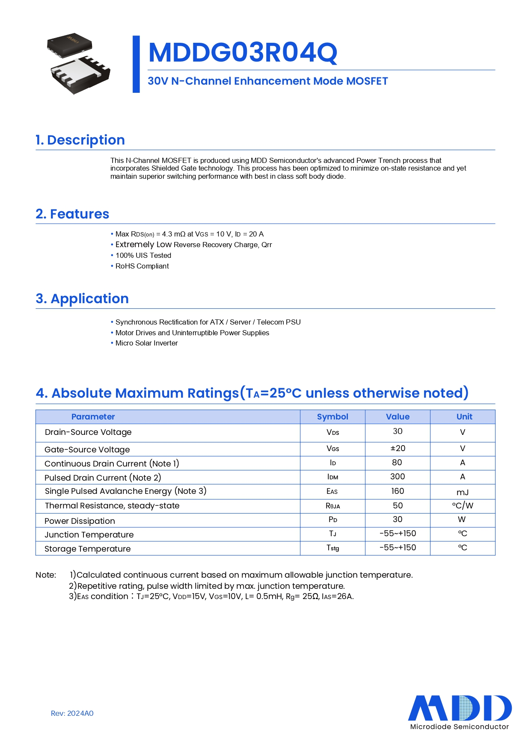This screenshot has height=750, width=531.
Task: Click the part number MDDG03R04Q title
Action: (x=243, y=53)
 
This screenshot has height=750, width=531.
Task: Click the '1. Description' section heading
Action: (x=80, y=140)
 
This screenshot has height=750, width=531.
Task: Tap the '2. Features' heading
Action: (x=72, y=214)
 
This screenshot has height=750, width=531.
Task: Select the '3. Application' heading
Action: (x=82, y=298)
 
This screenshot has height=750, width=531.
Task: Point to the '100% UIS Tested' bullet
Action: (x=143, y=255)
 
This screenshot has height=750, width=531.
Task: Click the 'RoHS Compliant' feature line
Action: (x=142, y=266)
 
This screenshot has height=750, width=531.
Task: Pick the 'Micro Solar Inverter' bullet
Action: (x=146, y=343)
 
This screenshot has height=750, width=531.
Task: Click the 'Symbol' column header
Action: (x=332, y=416)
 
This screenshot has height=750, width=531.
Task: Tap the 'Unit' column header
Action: (x=464, y=416)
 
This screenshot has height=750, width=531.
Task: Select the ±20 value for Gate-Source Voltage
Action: (x=398, y=448)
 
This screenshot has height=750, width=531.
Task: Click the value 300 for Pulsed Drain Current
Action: (x=398, y=476)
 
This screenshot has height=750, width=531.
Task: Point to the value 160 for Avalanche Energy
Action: (x=398, y=491)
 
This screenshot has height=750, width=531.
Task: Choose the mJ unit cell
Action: (x=463, y=492)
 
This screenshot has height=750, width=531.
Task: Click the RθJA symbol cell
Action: (x=332, y=506)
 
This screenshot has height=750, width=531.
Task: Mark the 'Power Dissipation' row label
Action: (x=80, y=521)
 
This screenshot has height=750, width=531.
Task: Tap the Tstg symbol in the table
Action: (x=332, y=548)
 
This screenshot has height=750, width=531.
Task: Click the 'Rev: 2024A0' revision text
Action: (x=72, y=713)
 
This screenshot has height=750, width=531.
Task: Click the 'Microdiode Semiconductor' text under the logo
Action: (x=460, y=726)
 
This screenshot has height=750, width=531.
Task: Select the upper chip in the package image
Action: (x=69, y=45)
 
